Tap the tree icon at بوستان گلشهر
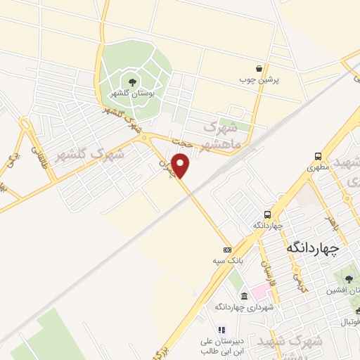pos(133,82)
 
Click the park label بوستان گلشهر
pos(132,93)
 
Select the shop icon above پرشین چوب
pos(260,69)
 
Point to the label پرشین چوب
pos(262,80)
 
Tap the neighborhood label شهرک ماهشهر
pos(221,136)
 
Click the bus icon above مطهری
pos(319,157)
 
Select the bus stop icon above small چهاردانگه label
pos(267,214)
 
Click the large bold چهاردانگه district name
pos(313,248)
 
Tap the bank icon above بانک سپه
pos(227,250)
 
